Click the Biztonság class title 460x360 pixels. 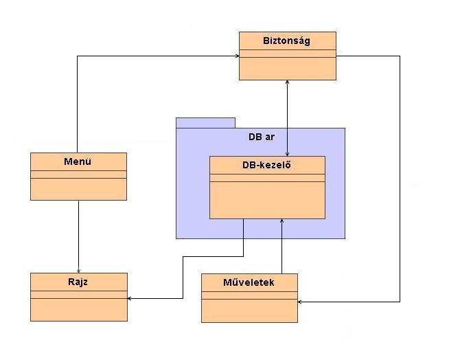(287, 41)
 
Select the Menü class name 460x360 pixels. (78, 162)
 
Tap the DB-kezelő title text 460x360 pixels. (266, 165)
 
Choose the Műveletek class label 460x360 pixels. (249, 282)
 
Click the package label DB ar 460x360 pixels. (261, 137)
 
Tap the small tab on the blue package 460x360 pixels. (205, 123)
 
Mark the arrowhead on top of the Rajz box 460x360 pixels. (79, 269)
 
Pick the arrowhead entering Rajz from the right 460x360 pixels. (131, 298)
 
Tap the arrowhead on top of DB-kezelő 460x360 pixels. (287, 153)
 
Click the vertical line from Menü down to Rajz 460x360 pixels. (79, 234)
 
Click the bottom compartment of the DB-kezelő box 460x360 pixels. (266, 200)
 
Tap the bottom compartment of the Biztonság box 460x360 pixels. (287, 69)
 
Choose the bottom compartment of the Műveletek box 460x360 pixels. (249, 310)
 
